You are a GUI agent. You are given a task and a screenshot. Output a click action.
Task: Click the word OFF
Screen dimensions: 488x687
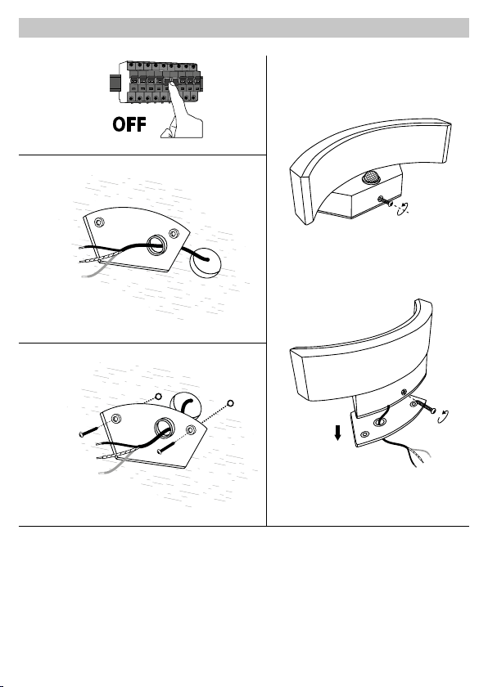tap(129, 124)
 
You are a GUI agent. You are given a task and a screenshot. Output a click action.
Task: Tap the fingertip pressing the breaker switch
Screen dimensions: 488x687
tap(173, 83)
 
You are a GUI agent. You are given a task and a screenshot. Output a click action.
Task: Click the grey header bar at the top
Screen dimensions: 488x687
tap(244, 28)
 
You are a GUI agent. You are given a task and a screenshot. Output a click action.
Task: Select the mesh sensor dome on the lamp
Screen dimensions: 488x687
tap(369, 177)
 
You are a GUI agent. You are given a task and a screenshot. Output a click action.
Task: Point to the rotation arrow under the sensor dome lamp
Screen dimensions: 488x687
tap(404, 209)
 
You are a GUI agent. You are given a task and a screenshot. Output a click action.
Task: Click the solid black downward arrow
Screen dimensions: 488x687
tap(337, 433)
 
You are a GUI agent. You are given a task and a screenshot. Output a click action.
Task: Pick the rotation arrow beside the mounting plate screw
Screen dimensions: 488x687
tap(444, 416)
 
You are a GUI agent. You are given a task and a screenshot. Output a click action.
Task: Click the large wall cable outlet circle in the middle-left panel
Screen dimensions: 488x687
tap(206, 263)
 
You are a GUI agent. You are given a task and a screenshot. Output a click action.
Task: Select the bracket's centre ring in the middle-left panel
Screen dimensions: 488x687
tap(156, 245)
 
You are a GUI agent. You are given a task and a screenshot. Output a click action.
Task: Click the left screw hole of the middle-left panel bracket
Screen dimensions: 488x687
tap(100, 222)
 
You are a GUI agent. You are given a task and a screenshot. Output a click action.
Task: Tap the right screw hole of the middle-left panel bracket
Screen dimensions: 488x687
tap(174, 233)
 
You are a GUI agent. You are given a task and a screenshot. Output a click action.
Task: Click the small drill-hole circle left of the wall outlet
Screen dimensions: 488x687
tap(158, 397)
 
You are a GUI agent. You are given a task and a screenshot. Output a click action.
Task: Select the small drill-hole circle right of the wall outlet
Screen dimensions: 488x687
tap(231, 402)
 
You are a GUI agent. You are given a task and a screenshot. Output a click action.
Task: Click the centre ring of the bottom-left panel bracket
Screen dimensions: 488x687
tap(163, 427)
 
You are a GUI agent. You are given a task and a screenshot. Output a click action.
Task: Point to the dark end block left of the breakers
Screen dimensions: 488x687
tap(115, 83)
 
